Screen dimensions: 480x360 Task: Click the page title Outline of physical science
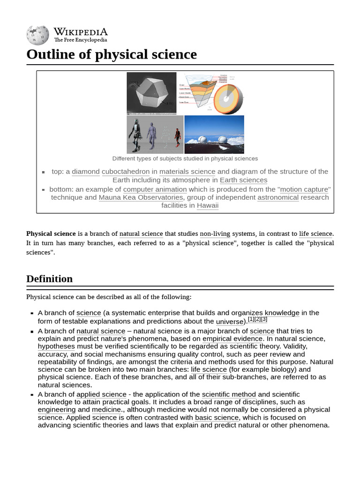click(112, 54)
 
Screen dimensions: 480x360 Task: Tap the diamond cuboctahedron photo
click(151, 93)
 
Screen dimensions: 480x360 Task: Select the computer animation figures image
click(155, 135)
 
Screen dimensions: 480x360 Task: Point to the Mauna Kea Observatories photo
click(214, 135)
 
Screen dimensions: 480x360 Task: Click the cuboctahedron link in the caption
click(126, 172)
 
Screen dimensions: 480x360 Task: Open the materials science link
click(187, 172)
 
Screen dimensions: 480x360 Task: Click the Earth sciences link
click(243, 180)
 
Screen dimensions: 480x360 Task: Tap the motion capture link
click(305, 189)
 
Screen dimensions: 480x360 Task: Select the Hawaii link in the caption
click(208, 205)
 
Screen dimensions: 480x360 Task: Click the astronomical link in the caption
click(278, 197)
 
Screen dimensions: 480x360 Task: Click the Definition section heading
click(50, 279)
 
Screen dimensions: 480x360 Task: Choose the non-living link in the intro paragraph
click(215, 233)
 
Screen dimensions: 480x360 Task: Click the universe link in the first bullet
click(229, 322)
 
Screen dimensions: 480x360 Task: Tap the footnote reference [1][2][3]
click(257, 319)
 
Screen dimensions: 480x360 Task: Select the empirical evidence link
click(232, 338)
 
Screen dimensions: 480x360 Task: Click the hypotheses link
click(56, 346)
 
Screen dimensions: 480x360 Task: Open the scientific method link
click(229, 394)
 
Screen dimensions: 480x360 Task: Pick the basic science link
click(217, 417)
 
